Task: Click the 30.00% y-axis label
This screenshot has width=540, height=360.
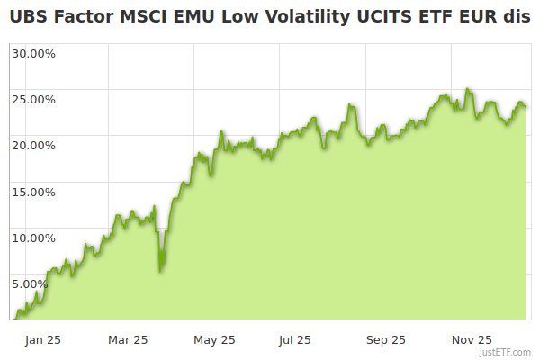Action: [33, 53]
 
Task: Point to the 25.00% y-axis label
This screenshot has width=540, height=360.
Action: [33, 99]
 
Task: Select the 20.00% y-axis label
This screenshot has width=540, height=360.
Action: [33, 145]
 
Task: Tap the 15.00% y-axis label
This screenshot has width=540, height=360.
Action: [33, 191]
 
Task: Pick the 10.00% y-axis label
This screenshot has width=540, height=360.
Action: [33, 238]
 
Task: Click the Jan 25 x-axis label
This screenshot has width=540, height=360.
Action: [42, 340]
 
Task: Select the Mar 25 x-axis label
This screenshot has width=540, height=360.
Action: [128, 340]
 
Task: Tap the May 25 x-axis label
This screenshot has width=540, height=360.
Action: [214, 340]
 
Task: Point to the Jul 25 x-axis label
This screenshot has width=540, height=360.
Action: [294, 340]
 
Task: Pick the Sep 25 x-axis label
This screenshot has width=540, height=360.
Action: [385, 340]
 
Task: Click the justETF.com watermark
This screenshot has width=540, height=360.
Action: [505, 353]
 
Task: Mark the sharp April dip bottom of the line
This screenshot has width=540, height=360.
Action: [160, 271]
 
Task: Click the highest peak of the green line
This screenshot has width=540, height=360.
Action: [467, 89]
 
